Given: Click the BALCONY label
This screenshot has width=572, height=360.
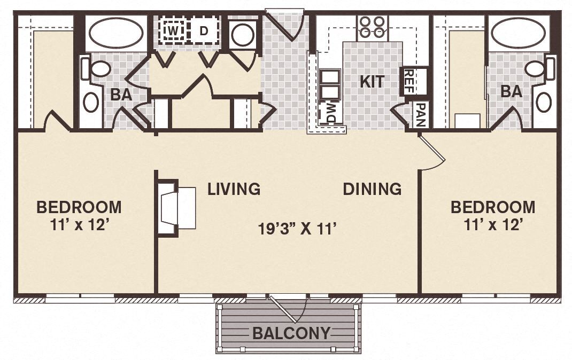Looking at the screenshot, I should pyautogui.click(x=291, y=333).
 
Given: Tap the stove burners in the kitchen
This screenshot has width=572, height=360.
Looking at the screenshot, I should pyautogui.click(x=373, y=27).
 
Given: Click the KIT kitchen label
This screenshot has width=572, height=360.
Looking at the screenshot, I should pyautogui.click(x=372, y=82).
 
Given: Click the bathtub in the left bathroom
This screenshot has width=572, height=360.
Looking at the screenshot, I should pyautogui.click(x=116, y=33).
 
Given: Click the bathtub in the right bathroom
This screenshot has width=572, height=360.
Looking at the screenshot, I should pyautogui.click(x=518, y=33).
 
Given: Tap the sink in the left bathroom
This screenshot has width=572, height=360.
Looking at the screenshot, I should pyautogui.click(x=91, y=102).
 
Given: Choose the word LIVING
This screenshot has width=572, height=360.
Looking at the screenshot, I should pyautogui.click(x=234, y=189).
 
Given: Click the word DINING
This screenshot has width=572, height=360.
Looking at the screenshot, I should pyautogui.click(x=372, y=189).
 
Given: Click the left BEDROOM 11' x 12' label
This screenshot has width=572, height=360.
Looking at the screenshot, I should pyautogui.click(x=79, y=215).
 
